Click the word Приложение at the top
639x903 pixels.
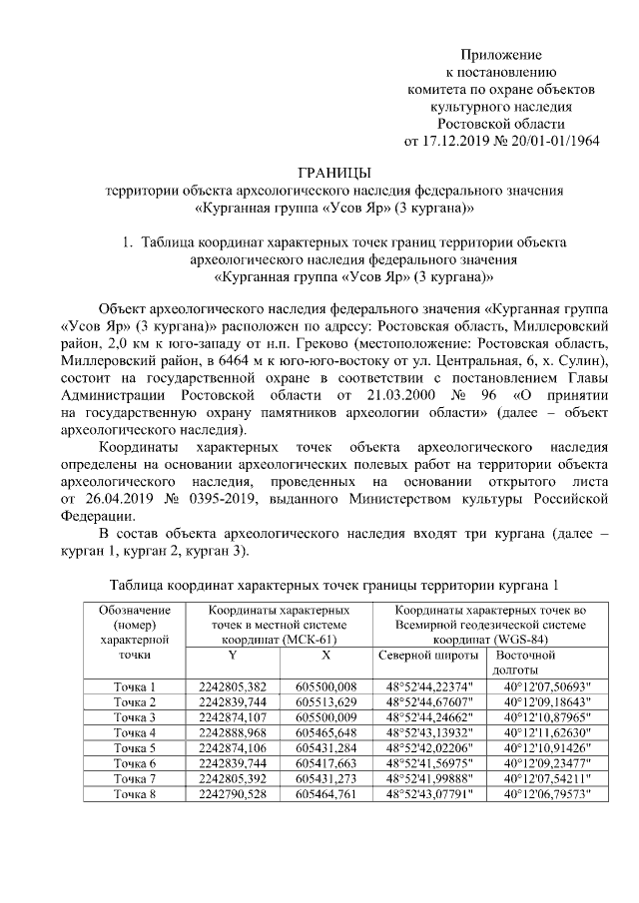[500, 53]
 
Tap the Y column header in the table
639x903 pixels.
[232, 656]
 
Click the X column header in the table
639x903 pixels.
[325, 656]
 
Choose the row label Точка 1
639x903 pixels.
[135, 687]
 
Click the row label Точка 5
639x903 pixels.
[135, 747]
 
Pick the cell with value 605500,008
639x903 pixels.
[325, 687]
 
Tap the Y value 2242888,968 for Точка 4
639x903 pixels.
[232, 732]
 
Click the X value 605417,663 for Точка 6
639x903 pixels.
[325, 762]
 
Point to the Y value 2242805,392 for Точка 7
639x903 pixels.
[232, 777]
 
